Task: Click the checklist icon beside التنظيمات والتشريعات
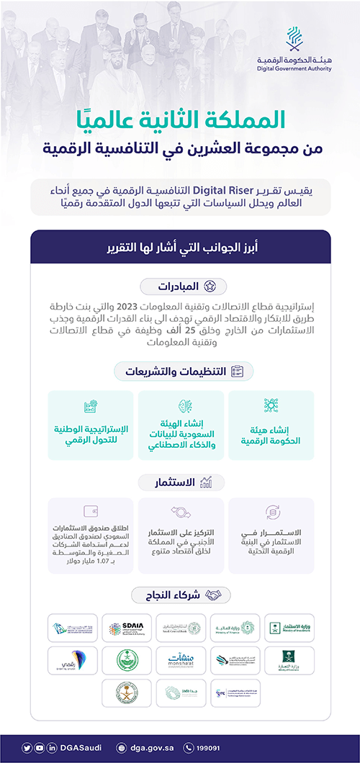point(237,371)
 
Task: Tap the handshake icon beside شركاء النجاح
point(215,595)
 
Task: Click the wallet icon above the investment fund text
point(91,512)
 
